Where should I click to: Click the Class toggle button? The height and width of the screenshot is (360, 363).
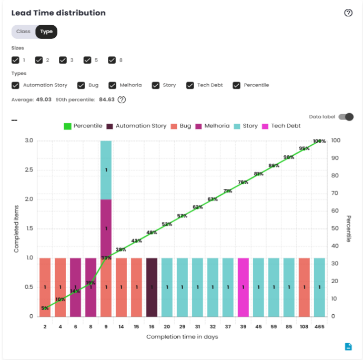point(23,32)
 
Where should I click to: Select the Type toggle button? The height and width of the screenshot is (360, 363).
point(46,32)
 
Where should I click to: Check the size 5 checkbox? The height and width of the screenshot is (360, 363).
point(88,60)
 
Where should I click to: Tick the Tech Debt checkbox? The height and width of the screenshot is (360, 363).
point(190,85)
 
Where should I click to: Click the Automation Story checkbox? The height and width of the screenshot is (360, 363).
point(16,85)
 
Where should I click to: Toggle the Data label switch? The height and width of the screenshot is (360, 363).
point(346,117)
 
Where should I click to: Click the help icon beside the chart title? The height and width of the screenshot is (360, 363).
point(348,13)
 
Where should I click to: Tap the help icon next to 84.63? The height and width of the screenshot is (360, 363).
point(122,99)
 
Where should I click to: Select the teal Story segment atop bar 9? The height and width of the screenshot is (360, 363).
point(106,169)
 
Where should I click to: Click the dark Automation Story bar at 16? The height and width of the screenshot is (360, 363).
point(152,287)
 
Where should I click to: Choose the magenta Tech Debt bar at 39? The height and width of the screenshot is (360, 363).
point(243,287)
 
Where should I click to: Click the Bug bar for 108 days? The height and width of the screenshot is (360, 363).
point(304,287)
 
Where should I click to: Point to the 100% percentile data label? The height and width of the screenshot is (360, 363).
point(319,141)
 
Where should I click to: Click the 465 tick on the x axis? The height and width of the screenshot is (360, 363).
point(319,327)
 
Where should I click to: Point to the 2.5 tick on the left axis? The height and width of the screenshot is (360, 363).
point(28,170)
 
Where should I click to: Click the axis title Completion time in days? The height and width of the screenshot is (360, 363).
point(182,337)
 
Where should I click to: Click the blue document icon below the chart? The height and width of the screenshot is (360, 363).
point(348,346)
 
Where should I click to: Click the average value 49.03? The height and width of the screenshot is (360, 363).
point(44,99)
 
